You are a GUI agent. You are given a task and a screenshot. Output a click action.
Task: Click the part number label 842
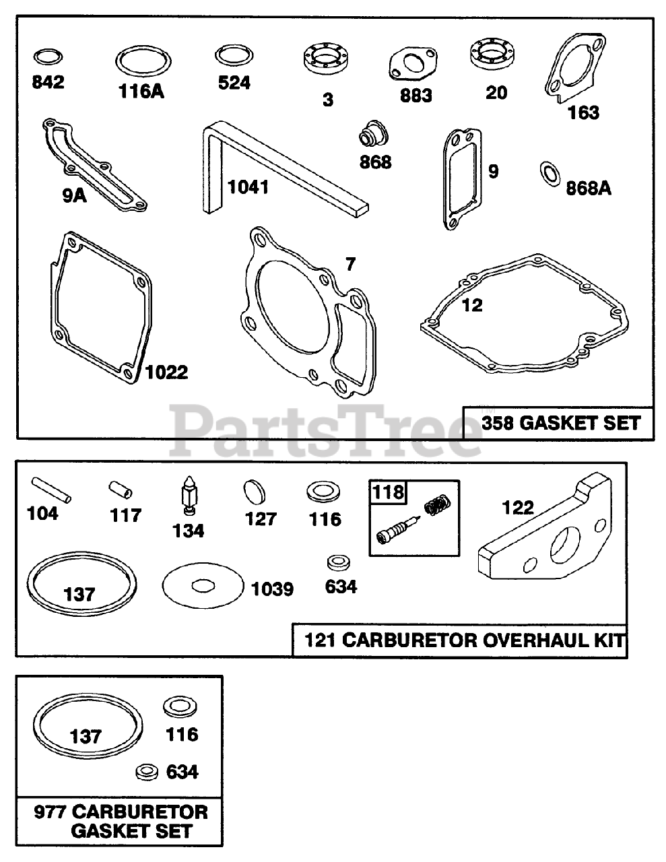pos(48,82)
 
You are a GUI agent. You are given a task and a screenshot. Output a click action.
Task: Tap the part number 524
pos(234,82)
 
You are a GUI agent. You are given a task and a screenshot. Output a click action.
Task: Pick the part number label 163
pos(583,112)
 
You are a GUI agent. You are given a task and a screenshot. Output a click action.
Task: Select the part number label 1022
pos(166,372)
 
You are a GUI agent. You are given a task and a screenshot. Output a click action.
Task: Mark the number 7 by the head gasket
pos(350,264)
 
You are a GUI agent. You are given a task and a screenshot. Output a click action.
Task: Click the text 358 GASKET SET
pos(560,423)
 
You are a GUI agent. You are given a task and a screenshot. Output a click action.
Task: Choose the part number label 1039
pos(272,589)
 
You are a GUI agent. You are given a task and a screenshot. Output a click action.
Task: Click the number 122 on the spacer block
pos(517,507)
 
